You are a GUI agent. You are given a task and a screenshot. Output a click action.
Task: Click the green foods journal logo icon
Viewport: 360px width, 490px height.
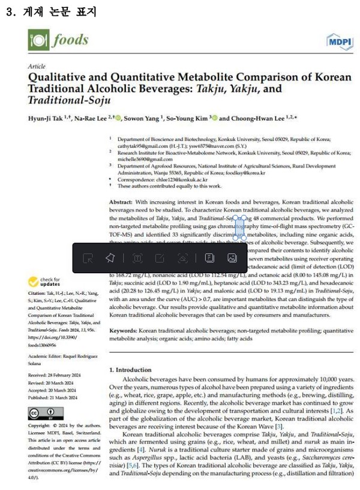38,41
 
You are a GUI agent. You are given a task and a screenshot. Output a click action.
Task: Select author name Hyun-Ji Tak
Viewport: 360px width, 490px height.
47,118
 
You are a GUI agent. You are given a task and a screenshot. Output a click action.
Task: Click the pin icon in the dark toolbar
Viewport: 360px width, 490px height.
109,258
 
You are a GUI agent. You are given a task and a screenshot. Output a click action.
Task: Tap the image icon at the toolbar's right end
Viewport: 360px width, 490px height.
232,258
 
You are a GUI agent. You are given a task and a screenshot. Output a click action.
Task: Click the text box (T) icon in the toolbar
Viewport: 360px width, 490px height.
137,258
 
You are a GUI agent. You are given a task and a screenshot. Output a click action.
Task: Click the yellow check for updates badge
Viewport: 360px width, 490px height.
45,282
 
